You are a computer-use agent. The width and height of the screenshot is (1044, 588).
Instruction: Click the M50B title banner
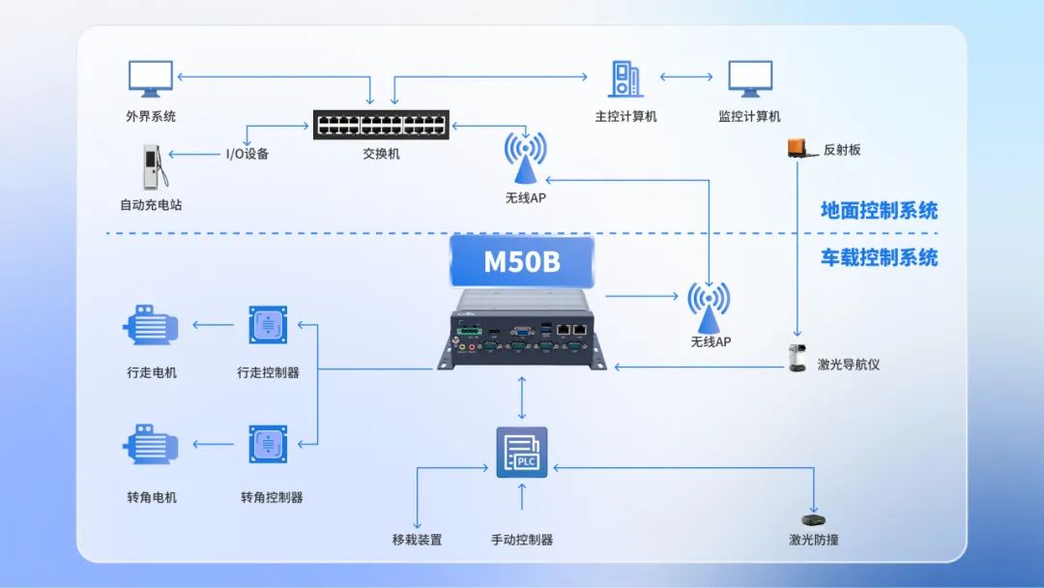tap(522, 261)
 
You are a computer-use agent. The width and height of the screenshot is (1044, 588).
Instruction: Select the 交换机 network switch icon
tap(381, 125)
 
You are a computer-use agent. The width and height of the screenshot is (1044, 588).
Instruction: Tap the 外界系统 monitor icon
tap(151, 79)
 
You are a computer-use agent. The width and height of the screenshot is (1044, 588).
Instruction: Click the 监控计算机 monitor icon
tap(750, 79)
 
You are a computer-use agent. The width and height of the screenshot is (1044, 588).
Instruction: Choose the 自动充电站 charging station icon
tap(153, 167)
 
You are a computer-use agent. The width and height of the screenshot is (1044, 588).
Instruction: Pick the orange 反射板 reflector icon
tap(797, 148)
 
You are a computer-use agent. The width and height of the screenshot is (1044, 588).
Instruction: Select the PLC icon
tap(522, 453)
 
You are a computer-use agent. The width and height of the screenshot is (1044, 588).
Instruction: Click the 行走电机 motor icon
tap(151, 325)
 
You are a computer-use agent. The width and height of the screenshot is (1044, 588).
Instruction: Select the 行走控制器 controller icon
tap(268, 325)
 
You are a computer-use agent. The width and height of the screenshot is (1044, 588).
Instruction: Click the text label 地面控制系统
tap(879, 210)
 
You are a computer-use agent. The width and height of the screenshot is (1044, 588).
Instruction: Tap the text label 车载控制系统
tap(879, 257)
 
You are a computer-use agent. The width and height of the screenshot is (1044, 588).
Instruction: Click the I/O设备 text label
tap(246, 153)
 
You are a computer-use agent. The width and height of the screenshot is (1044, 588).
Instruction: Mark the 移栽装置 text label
tap(417, 540)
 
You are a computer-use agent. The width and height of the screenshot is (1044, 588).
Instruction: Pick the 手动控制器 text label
tap(522, 540)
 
